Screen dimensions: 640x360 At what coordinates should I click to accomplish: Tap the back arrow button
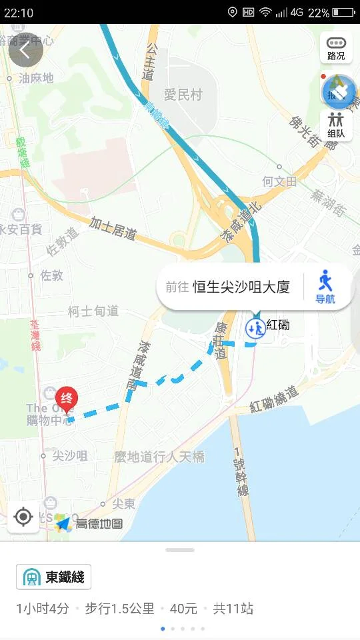(25, 50)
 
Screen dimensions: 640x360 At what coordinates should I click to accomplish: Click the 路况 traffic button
(336, 49)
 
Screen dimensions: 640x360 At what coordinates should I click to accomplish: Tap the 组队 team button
(336, 125)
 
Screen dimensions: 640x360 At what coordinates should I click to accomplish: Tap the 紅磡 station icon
(255, 327)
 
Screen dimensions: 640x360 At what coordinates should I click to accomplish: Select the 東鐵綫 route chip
(53, 577)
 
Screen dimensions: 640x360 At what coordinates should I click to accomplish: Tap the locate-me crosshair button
(23, 517)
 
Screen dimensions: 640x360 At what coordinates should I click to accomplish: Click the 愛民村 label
(183, 95)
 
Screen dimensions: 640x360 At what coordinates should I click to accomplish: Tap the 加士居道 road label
(113, 229)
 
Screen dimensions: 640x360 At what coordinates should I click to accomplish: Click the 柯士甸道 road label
(93, 311)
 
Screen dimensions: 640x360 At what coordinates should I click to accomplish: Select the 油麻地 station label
(36, 78)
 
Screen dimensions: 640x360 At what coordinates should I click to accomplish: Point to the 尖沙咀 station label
(70, 456)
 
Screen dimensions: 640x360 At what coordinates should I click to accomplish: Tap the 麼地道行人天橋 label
(159, 457)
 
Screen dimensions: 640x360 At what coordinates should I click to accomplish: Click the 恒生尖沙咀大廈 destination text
(241, 287)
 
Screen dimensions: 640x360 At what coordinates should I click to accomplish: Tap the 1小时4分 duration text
(43, 609)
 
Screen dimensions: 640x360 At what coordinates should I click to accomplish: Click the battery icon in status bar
(344, 12)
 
